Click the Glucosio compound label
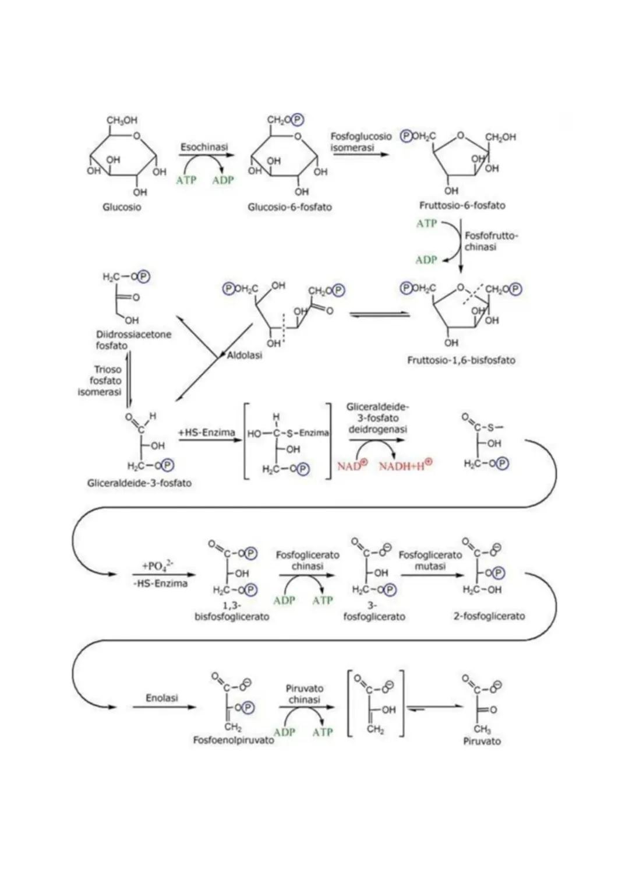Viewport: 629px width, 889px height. (122, 207)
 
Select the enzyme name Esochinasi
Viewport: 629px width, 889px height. (204, 147)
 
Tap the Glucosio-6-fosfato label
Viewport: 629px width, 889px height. (289, 207)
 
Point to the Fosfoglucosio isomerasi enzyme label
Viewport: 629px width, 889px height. (361, 142)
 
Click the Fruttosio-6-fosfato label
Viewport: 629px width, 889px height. (462, 205)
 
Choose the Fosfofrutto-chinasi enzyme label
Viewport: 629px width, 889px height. (490, 241)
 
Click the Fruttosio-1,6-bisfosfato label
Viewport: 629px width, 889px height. (461, 360)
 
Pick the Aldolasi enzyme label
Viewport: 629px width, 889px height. (245, 355)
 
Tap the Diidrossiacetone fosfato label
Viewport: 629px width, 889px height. (133, 340)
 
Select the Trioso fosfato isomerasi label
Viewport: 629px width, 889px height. (100, 381)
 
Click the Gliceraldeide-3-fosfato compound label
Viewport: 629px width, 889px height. (139, 483)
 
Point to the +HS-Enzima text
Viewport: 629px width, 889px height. (206, 433)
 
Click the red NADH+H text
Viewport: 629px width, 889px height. (405, 466)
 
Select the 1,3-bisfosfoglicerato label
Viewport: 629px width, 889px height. (232, 612)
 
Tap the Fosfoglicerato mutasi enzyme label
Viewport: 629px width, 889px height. (430, 560)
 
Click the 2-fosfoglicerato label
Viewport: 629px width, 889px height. (489, 616)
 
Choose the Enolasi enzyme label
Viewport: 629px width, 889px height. (162, 698)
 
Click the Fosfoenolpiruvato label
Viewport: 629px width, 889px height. (234, 740)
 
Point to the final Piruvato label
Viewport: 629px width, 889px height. (482, 741)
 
